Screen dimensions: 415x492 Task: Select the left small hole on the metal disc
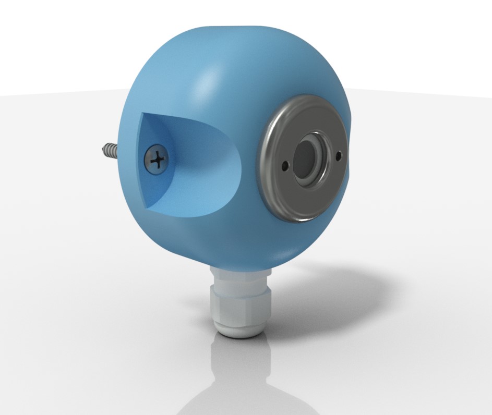(x=284, y=166)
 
